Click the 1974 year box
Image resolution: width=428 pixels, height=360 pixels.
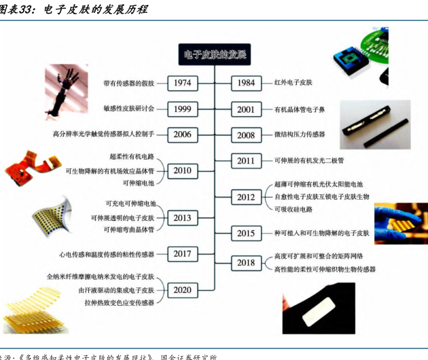tap(181, 83)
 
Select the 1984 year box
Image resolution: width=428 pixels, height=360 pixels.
tap(246, 83)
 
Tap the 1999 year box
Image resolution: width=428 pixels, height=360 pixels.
tap(181, 109)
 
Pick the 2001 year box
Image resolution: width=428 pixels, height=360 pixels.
tap(246, 109)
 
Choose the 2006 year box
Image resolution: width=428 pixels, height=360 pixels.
tap(181, 134)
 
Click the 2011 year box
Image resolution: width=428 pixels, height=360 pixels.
tap(246, 161)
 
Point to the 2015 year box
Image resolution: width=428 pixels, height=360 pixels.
tap(246, 233)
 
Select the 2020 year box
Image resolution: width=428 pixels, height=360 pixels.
tap(181, 290)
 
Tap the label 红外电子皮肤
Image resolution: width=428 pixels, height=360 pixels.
tap(293, 83)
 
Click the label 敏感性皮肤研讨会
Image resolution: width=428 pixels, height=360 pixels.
tap(129, 109)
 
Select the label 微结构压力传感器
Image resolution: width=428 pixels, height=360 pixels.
tap(300, 134)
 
